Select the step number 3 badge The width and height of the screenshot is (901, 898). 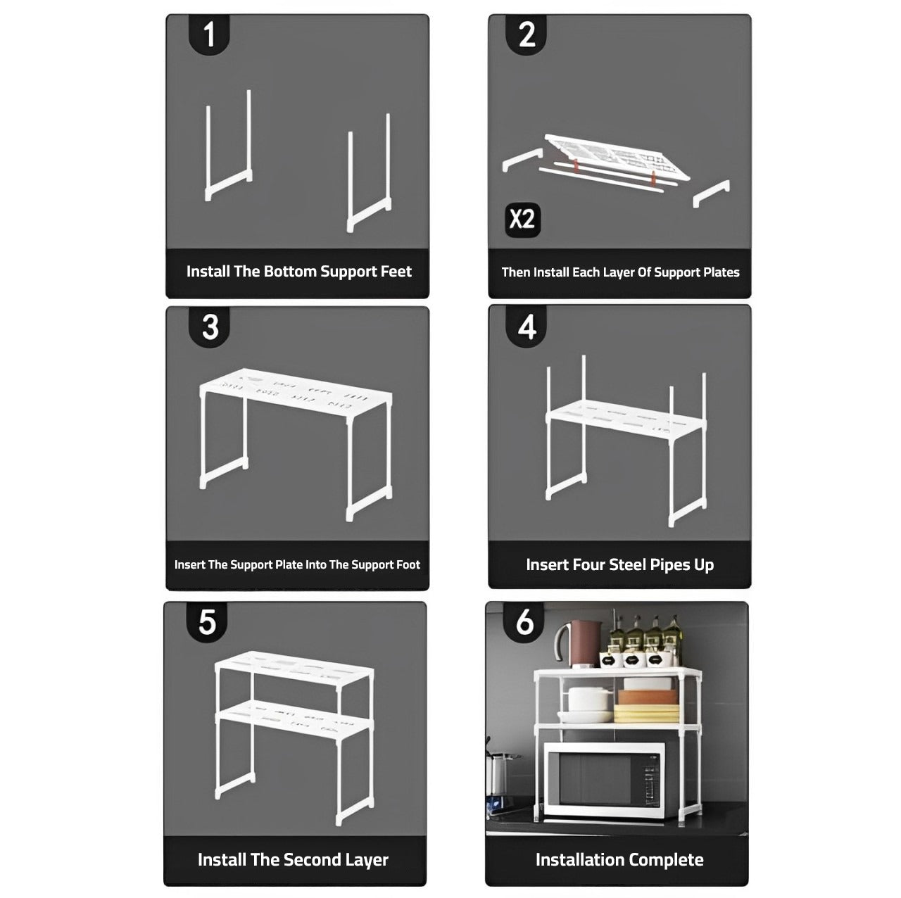click(210, 327)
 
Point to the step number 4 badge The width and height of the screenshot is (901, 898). click(527, 327)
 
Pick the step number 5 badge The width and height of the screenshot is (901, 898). click(207, 622)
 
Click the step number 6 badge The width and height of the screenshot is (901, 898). click(525, 622)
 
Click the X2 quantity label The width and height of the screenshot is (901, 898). click(522, 219)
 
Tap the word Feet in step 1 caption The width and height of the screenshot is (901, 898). click(395, 272)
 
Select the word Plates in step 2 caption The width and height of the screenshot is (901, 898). click(719, 272)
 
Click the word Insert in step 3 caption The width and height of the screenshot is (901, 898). click(189, 564)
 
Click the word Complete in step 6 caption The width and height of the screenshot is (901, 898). click(666, 859)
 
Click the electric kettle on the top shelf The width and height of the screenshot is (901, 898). click(581, 643)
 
